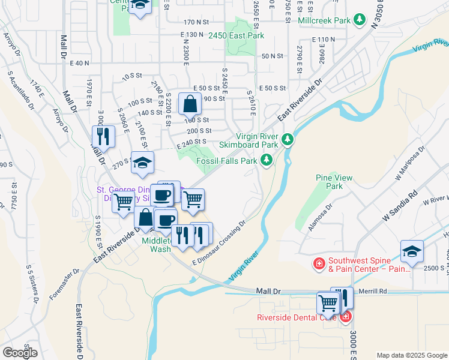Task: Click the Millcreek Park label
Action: pyautogui.click(x=324, y=20)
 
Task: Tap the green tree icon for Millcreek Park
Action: pyautogui.click(x=360, y=20)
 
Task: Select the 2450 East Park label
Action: pyautogui.click(x=236, y=36)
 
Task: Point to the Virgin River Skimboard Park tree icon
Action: pyautogui.click(x=288, y=140)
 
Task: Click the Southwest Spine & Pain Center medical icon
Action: pyautogui.click(x=319, y=263)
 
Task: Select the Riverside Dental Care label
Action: pyautogui.click(x=297, y=317)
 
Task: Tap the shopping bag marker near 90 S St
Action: pyautogui.click(x=190, y=105)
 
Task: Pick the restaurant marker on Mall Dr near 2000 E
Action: pyautogui.click(x=104, y=136)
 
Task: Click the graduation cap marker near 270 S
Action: pyautogui.click(x=142, y=163)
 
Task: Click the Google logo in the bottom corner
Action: pyautogui.click(x=20, y=352)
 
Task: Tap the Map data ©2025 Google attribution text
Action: pyautogui.click(x=412, y=355)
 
